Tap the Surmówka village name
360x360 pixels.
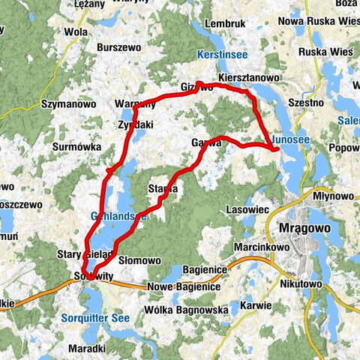(x=76, y=148)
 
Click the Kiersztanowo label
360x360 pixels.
(x=249, y=78)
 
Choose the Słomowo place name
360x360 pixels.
(x=139, y=260)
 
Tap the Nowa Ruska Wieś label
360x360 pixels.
(x=319, y=21)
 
